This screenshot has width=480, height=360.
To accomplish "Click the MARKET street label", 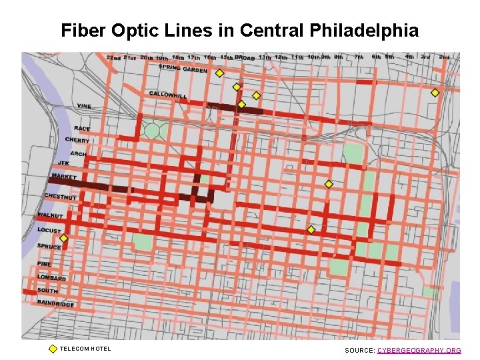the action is [x=65, y=177].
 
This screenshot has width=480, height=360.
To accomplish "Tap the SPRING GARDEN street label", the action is [x=183, y=68].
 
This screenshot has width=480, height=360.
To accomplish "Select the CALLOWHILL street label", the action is [x=167, y=95].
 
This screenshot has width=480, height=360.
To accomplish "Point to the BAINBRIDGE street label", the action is [x=56, y=303].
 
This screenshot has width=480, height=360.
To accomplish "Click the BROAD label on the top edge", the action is [x=245, y=57].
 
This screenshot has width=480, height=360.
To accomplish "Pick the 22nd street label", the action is [x=114, y=58].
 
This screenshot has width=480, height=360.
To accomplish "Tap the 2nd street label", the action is [x=444, y=57].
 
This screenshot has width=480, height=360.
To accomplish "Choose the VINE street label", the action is [x=84, y=106].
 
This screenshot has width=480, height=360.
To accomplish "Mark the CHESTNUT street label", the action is [x=61, y=197].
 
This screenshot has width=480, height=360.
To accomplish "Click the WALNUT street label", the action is [x=50, y=216].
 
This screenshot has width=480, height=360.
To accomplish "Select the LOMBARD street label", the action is [x=52, y=277].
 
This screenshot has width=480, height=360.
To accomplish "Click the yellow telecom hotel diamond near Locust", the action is [x=63, y=238].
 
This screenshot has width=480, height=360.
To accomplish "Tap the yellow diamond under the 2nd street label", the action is [x=435, y=93].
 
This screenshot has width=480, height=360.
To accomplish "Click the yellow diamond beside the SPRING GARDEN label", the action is [x=219, y=73].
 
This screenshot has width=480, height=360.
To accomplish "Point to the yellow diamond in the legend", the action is [x=53, y=349].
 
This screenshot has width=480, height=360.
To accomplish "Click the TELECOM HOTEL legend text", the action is [x=85, y=349].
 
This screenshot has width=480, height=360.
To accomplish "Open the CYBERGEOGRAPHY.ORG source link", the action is [x=419, y=350].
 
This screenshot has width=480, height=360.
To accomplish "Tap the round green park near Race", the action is [x=153, y=131].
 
